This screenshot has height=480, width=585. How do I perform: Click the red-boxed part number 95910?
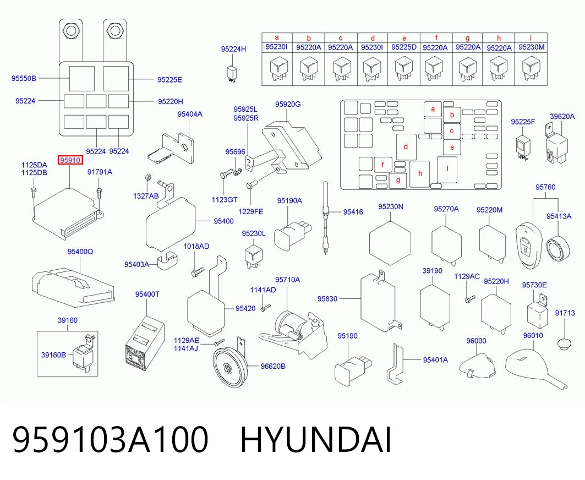point(70,161)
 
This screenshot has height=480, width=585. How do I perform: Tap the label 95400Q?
point(80,252)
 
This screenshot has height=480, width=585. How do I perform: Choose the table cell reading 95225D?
point(404,47)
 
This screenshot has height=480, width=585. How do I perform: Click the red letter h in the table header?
point(499,38)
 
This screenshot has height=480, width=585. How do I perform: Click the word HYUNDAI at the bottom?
point(315,440)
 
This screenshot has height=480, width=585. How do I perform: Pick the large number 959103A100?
point(111,440)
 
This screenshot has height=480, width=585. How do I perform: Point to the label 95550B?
point(24,78)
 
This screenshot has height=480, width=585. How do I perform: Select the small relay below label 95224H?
point(232,73)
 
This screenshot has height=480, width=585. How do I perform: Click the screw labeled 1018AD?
point(198,272)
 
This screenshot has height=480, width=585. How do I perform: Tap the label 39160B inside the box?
point(53,355)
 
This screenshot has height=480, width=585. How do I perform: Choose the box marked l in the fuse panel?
point(447,170)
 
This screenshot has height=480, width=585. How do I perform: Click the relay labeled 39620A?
point(556,144)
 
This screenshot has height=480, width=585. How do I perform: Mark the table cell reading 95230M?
point(531,47)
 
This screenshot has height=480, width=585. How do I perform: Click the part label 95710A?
point(288,280)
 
